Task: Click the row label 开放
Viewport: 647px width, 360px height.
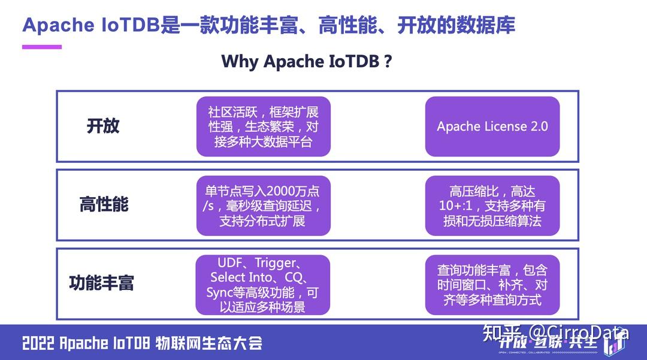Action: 103,126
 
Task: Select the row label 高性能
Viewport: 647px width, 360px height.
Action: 104,205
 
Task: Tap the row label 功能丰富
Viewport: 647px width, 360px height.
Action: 101,283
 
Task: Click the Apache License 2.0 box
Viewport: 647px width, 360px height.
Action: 492,126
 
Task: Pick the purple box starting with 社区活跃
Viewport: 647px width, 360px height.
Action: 263,126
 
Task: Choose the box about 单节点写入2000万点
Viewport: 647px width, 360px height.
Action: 263,205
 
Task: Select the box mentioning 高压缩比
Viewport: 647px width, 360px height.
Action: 492,205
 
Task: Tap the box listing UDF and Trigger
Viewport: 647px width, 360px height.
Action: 263,285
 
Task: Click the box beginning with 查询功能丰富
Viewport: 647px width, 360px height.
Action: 492,285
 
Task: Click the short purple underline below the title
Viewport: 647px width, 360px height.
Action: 42,47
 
